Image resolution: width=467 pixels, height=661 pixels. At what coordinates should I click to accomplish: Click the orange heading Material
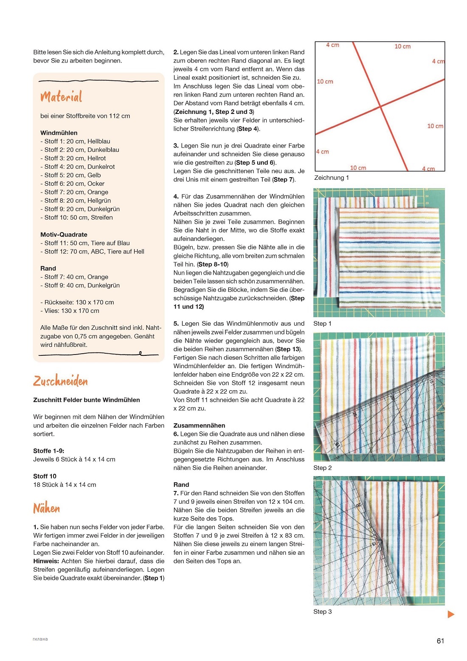coord(61,97)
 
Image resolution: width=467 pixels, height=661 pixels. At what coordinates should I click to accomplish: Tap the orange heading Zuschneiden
coord(60,381)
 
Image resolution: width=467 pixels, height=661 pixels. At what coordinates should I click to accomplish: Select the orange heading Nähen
coord(47,508)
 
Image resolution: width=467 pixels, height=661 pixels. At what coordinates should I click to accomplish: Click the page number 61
coord(440,641)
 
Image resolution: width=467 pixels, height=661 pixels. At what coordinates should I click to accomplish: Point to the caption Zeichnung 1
coord(332,178)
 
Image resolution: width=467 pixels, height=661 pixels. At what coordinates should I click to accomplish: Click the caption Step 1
coord(322,323)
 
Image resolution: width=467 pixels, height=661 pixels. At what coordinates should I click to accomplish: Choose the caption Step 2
coord(322,468)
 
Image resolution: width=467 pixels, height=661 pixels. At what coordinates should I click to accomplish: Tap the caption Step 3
coord(322,612)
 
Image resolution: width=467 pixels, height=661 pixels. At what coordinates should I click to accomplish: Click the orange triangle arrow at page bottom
coord(451,614)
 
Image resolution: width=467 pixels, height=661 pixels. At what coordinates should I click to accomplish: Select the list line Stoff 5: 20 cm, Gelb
coord(70,175)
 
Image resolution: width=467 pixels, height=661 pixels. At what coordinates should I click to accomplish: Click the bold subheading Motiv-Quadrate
coord(64,235)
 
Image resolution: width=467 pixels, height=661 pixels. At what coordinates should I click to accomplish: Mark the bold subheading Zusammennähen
coord(199,426)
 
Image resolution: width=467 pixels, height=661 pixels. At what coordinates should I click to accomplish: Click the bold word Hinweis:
coord(46,561)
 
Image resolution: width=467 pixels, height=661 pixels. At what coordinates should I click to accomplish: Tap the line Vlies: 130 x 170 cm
coord(70,311)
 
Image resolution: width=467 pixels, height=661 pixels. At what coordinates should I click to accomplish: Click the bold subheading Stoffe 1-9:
coord(49,451)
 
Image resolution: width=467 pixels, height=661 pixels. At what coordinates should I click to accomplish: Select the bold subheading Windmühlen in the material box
coord(59,133)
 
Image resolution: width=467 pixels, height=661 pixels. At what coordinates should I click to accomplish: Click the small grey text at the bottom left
coord(40,639)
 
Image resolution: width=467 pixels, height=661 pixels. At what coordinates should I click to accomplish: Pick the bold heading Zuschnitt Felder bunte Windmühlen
coord(87,400)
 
